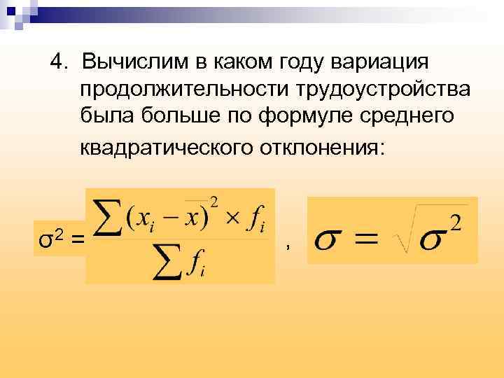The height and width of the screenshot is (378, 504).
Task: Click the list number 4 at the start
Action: point(57,63)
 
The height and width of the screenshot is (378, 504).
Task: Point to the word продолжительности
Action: point(185,90)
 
